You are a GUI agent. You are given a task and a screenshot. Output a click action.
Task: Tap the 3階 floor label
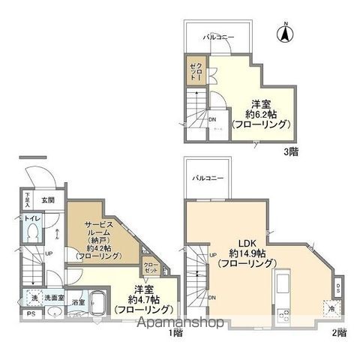291,151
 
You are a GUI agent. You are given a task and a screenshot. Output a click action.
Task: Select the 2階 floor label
337,331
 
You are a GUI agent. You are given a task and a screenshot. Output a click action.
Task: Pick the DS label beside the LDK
338,288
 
